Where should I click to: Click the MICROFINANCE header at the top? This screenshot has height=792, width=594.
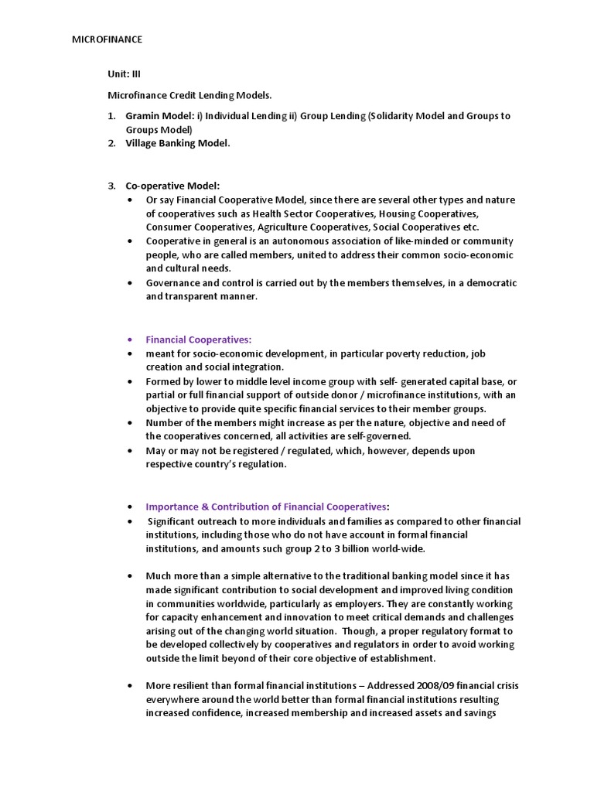click(x=107, y=39)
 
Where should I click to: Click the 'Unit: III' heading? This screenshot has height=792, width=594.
click(x=124, y=74)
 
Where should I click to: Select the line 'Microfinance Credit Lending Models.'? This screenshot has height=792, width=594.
click(x=189, y=95)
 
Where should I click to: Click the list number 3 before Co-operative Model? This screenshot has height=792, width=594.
click(x=111, y=186)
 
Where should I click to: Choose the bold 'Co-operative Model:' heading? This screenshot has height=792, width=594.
click(x=173, y=186)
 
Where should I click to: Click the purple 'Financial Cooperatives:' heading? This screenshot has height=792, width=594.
click(x=199, y=340)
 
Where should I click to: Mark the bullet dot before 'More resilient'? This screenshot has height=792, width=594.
click(x=128, y=685)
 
